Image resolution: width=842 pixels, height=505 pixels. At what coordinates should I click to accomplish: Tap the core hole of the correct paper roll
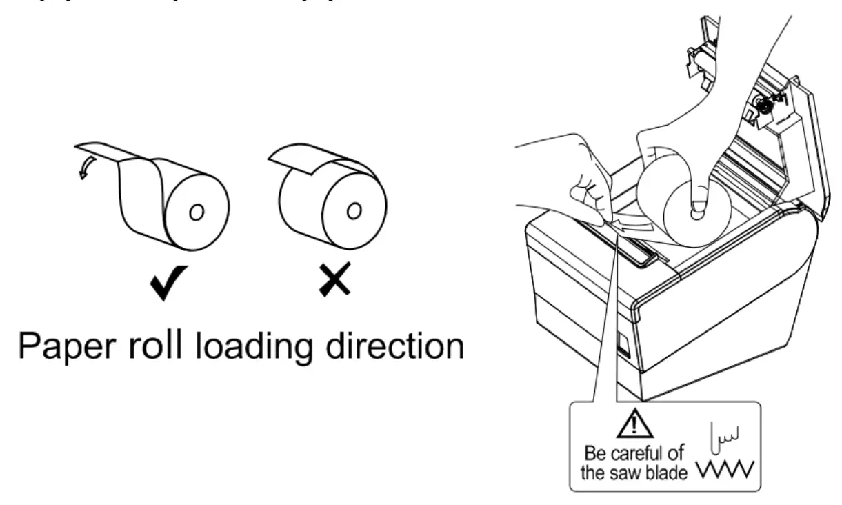[196, 212]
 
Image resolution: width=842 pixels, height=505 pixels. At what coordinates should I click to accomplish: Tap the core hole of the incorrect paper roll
[353, 210]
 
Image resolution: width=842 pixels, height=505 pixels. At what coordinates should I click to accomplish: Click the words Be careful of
[634, 455]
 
